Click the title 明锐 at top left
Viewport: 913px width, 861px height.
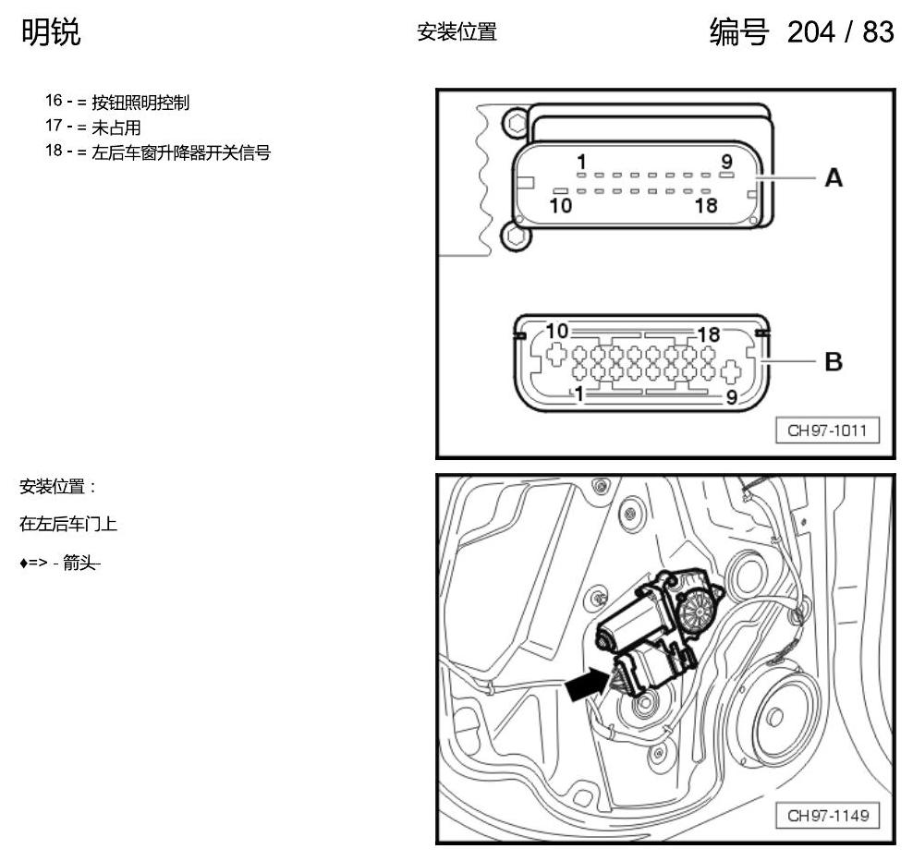pos(51,32)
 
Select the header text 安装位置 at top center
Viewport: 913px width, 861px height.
pos(457,32)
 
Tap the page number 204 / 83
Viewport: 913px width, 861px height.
pos(840,31)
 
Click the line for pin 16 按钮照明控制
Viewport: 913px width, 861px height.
pos(117,102)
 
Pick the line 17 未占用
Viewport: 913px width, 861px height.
pos(93,127)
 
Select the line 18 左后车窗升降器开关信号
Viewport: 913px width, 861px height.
pos(158,152)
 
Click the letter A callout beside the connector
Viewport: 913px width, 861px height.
pos(834,177)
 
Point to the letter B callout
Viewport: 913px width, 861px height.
pos(834,361)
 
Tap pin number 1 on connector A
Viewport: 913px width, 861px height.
pos(581,162)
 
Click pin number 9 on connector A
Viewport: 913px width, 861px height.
pos(726,161)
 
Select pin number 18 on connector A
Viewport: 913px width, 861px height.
pos(706,205)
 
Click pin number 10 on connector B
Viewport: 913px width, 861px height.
pos(556,331)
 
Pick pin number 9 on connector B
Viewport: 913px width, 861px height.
pos(732,397)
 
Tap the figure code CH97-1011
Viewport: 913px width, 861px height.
pos(827,430)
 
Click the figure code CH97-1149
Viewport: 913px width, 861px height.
pos(827,815)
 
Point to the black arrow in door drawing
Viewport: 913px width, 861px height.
pos(588,684)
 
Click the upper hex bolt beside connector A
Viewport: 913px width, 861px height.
pos(517,124)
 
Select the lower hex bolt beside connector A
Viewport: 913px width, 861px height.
pos(516,236)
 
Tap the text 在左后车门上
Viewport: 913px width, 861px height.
pos(68,524)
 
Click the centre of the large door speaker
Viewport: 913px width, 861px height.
pos(775,717)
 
